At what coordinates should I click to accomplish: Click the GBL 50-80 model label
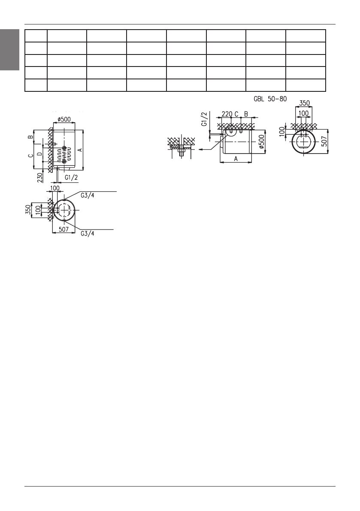click(270, 98)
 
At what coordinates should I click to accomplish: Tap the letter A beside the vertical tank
click(80, 150)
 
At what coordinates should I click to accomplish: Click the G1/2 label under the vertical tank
click(71, 178)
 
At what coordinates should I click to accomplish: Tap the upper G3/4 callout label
click(88, 195)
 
